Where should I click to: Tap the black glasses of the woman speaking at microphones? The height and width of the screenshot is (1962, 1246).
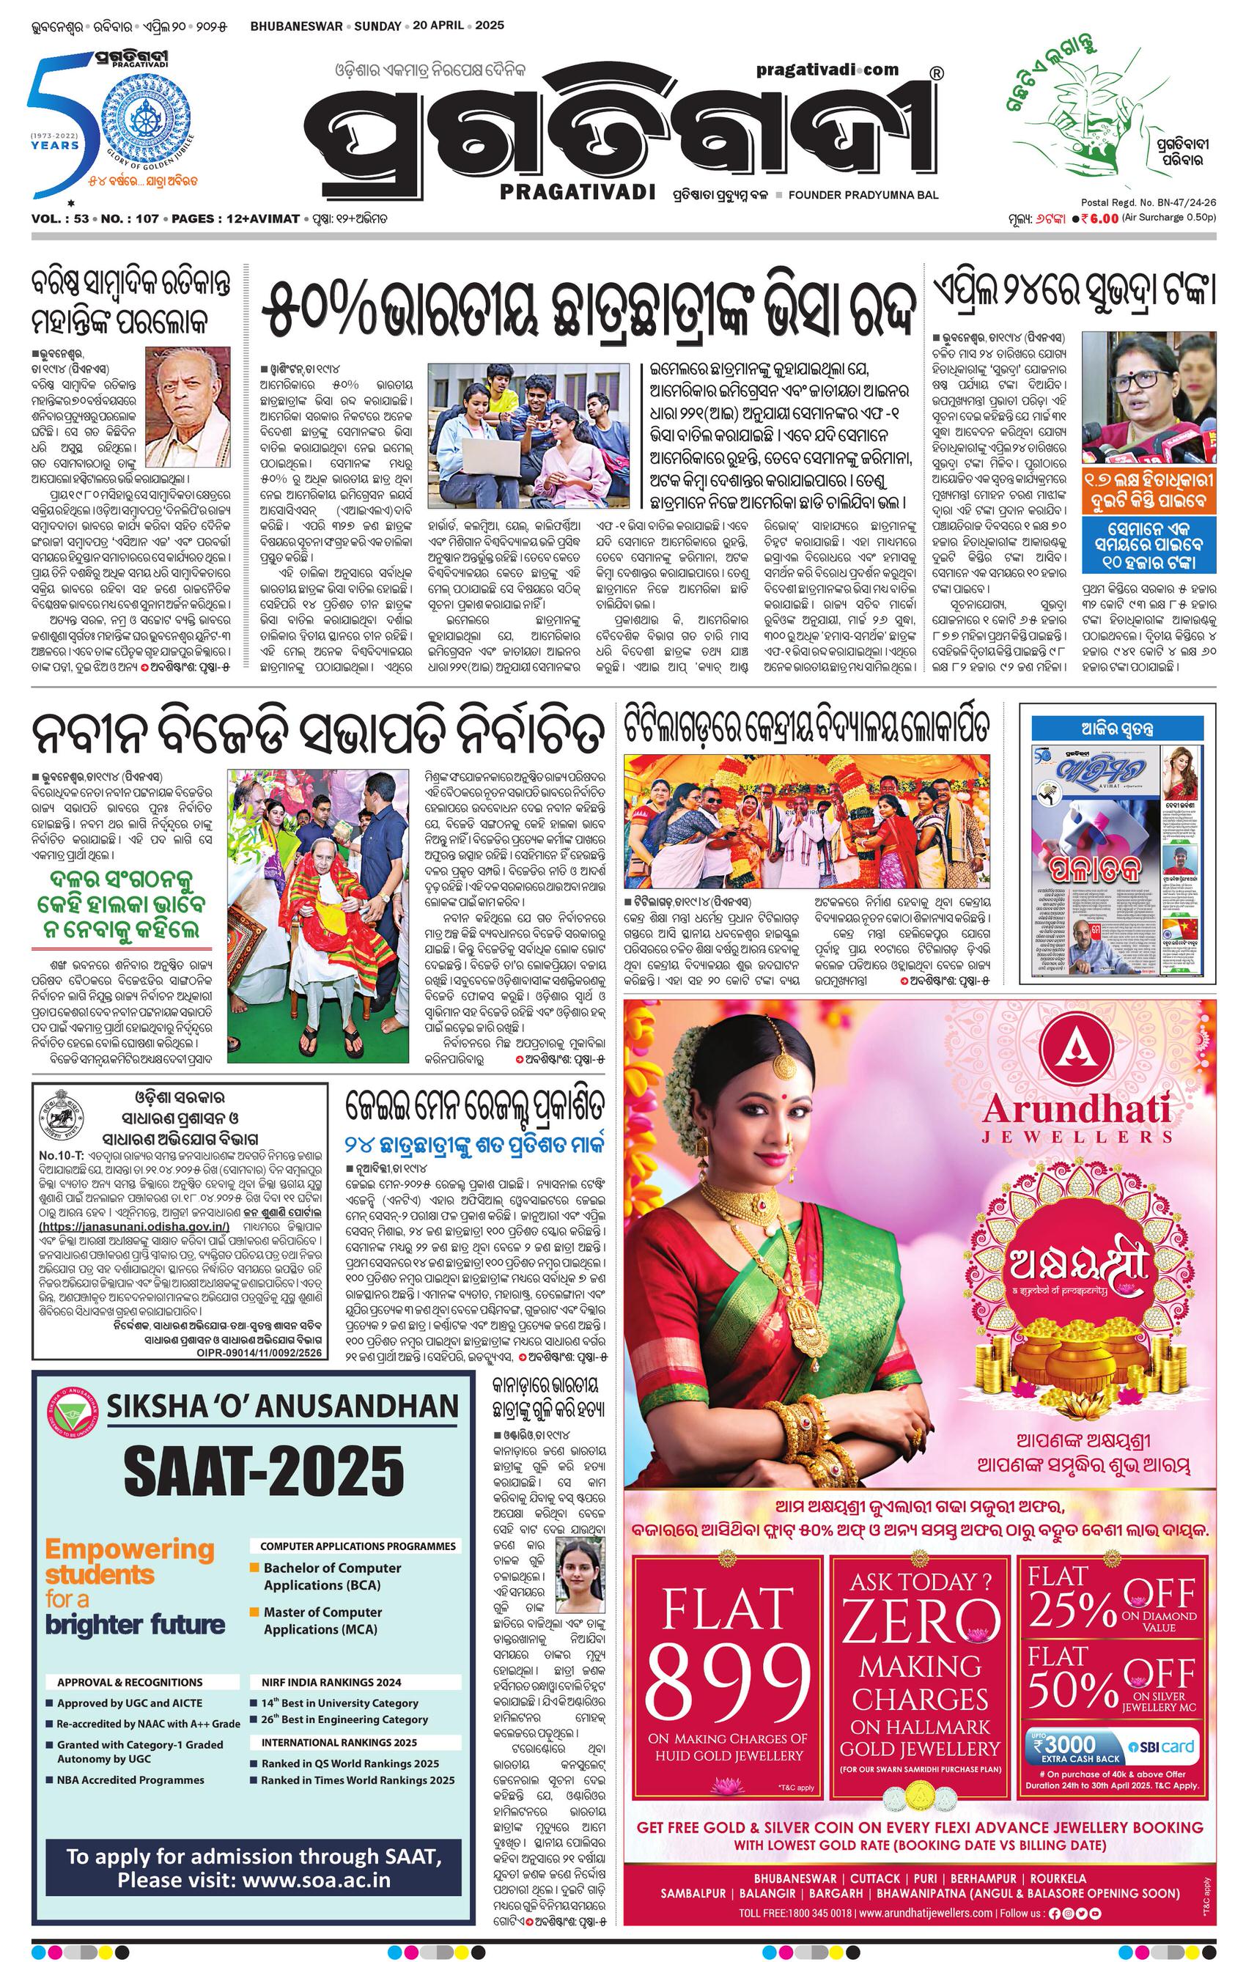(1149, 379)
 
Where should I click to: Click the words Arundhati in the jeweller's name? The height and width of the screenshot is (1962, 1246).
(1077, 1108)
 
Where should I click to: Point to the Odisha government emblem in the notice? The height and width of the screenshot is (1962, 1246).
(65, 1115)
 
